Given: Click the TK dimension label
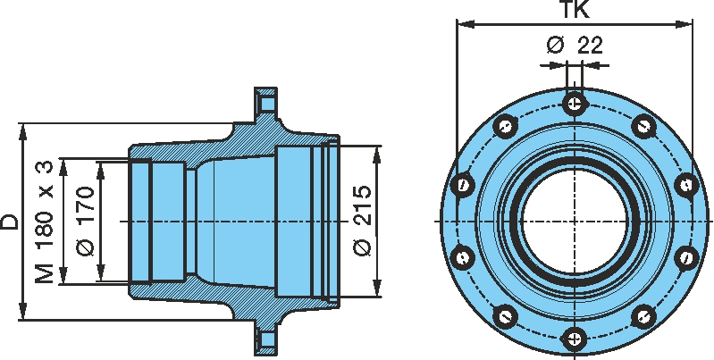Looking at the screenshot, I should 575,12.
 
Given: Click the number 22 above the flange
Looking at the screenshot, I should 589,45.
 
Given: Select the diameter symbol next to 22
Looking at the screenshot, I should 555,45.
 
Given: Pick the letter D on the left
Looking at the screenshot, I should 10,222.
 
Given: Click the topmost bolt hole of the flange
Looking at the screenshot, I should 575,104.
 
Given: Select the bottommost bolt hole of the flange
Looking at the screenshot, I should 575,338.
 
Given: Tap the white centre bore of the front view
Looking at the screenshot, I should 575,221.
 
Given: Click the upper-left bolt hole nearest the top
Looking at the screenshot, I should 506,126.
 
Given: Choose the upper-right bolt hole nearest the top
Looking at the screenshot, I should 643,126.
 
